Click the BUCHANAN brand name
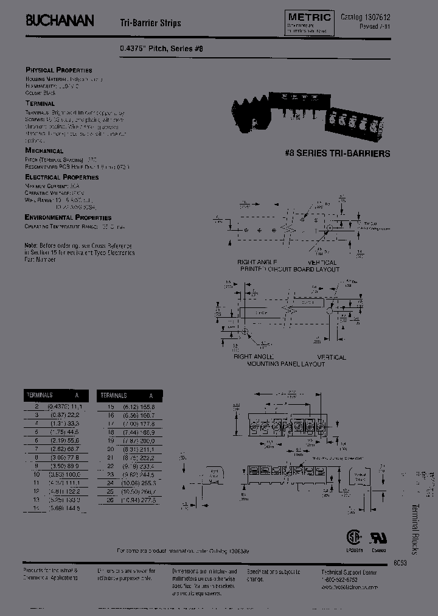[x=60, y=21]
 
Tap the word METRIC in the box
[x=308, y=18]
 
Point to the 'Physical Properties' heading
[x=58, y=70]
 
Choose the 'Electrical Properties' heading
[x=61, y=177]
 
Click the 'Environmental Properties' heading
[x=68, y=217]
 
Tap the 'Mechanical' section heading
[x=44, y=150]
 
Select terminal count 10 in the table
[x=36, y=473]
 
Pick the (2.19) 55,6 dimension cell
[x=64, y=439]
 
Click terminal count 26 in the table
[x=110, y=499]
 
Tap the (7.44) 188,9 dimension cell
[x=140, y=430]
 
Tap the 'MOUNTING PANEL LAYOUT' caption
[x=285, y=364]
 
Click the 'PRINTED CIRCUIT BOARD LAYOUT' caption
[x=289, y=269]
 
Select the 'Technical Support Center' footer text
[x=350, y=573]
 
